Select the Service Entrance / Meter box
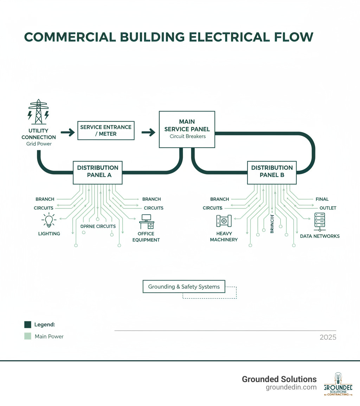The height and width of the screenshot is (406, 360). pos(106,131)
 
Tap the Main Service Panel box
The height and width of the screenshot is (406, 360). pos(187,129)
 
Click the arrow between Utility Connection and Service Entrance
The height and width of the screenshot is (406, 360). pos(67,133)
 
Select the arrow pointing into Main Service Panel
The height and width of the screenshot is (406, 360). pos(148,133)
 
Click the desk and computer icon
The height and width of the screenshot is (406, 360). pos(146,222)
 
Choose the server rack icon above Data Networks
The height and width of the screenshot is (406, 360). pos(320,222)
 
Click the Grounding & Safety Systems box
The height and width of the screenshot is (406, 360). pos(184,287)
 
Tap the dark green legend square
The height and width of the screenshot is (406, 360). pos(28,324)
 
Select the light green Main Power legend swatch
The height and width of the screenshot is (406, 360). pos(28,336)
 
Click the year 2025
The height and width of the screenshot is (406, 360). pos(328,337)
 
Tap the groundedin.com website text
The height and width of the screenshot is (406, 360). pos(291,387)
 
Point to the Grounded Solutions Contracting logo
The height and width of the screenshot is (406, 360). pos(338,384)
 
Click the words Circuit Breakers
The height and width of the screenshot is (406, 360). pos(187,136)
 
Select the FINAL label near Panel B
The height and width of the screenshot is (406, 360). pos(322,199)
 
